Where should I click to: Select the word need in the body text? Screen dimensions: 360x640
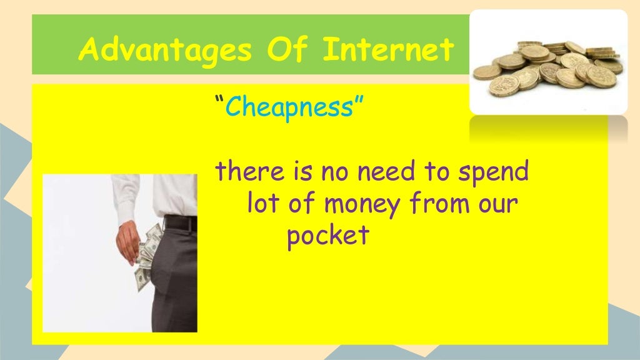pyautogui.click(x=389, y=172)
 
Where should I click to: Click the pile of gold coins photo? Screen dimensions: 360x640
pyautogui.click(x=547, y=65)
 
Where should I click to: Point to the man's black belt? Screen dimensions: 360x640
pyautogui.click(x=181, y=223)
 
